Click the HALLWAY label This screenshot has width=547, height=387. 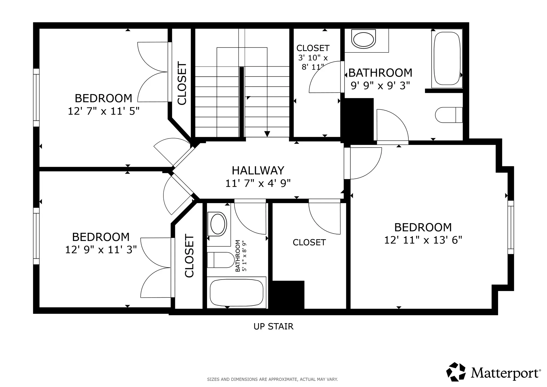click(x=258, y=171)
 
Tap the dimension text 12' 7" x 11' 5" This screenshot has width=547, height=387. click(x=104, y=111)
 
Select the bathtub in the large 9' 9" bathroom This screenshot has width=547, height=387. click(x=447, y=58)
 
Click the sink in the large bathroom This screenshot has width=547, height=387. click(x=364, y=39)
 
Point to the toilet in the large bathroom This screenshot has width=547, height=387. click(x=449, y=115)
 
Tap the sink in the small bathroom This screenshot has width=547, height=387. click(x=218, y=224)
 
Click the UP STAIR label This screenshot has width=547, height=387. click(x=273, y=326)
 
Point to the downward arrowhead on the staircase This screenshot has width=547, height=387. click(x=267, y=134)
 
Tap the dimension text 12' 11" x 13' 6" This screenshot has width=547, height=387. click(x=423, y=240)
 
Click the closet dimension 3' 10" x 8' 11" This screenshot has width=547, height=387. click(x=313, y=62)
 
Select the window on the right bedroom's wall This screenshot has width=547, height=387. click(x=510, y=227)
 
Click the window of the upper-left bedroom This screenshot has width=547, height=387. click(x=36, y=98)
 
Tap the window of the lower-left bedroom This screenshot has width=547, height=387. click(x=36, y=236)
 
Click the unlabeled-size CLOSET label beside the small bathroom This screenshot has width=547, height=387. click(x=309, y=242)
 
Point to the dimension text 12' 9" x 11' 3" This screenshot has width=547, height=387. click(x=101, y=250)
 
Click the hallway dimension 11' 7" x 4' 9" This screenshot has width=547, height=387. click(x=258, y=183)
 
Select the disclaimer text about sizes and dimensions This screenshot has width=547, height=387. click(x=272, y=379)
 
